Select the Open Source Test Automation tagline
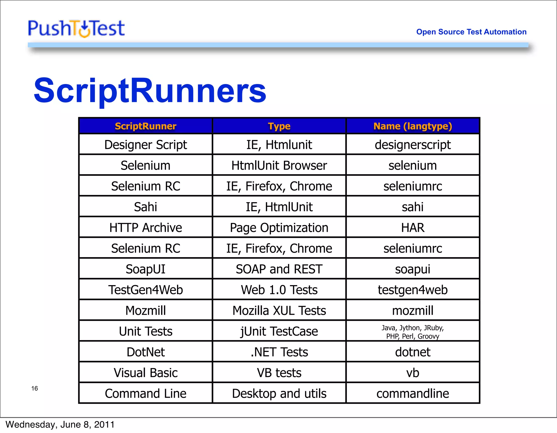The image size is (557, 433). click(471, 32)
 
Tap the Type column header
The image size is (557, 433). click(279, 126)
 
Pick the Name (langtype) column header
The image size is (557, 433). click(413, 126)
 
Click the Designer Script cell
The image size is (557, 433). click(146, 145)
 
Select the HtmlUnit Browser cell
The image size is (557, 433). click(279, 165)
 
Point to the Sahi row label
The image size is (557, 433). click(146, 207)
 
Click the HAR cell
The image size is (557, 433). click(413, 228)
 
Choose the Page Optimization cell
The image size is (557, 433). click(279, 228)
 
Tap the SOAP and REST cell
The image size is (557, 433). click(279, 269)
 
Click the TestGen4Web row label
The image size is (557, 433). click(146, 290)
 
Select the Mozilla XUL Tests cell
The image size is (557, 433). click(279, 310)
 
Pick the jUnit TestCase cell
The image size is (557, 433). click(279, 331)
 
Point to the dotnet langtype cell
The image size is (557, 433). click(413, 352)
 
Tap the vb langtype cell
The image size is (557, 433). click(413, 373)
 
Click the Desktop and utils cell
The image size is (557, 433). click(279, 393)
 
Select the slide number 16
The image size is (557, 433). click(35, 388)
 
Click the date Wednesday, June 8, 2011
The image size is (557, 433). click(60, 425)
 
